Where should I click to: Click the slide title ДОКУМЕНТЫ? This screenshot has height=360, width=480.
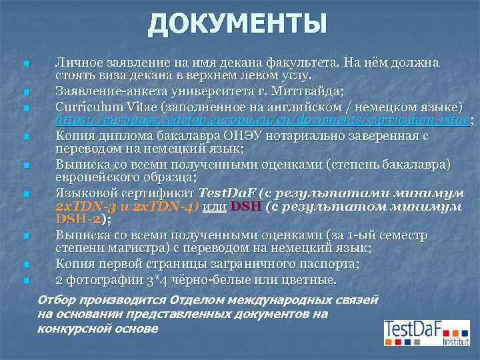click(x=238, y=25)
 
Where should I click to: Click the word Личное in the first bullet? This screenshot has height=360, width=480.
click(x=77, y=63)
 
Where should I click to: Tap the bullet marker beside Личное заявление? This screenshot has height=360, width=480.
click(x=25, y=64)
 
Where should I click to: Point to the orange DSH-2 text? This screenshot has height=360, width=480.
click(x=79, y=220)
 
